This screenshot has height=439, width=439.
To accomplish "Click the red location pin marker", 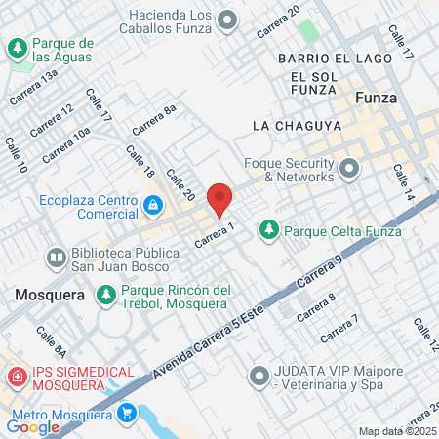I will [219, 198].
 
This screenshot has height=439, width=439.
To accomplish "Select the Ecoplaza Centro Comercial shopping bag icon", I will [153, 205].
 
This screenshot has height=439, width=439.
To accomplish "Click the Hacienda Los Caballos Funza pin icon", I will [227, 19].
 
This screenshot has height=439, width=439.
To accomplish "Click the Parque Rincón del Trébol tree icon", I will [106, 294].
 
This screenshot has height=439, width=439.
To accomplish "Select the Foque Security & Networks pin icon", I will [348, 171].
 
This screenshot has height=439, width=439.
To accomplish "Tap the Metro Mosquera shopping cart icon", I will [126, 413].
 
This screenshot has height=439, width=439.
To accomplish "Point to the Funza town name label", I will [377, 99].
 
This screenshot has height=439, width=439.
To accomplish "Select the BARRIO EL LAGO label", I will [320, 60].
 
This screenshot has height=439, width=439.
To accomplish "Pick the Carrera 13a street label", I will [33, 94].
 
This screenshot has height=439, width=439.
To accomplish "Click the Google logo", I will [33, 426].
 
